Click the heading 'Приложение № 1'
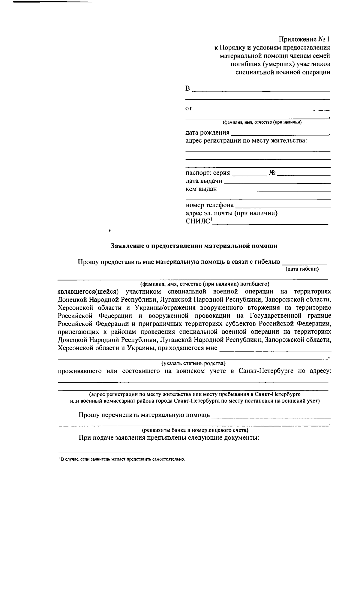(304, 39)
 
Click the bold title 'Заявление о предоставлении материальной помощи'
(194, 246)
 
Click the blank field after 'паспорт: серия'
(249, 173)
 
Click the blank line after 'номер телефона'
(283, 206)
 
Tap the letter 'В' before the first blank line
(188, 89)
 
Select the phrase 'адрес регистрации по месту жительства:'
(246, 141)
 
